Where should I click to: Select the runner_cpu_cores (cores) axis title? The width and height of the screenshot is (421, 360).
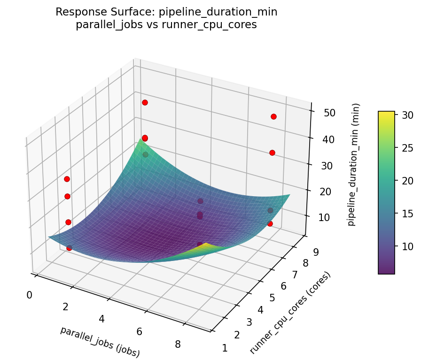(290, 313)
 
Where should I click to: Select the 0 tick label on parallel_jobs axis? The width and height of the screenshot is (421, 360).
(29, 295)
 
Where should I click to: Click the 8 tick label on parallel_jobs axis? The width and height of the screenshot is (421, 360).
(178, 344)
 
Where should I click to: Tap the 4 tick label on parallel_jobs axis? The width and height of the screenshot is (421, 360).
(101, 319)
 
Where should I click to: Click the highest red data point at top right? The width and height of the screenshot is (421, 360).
(273, 116)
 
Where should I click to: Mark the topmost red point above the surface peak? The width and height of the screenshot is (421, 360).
(145, 102)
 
